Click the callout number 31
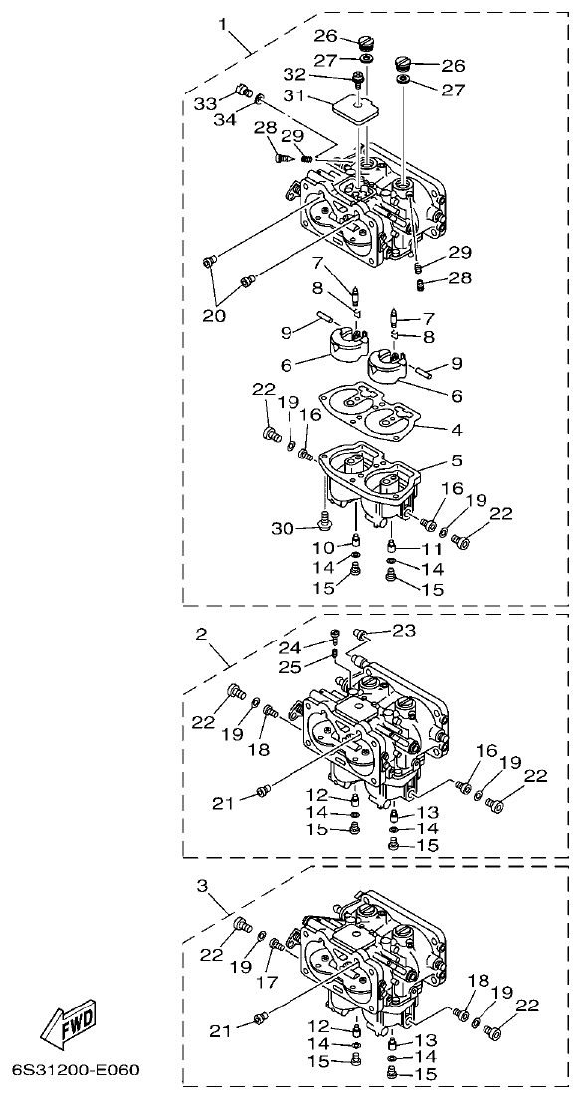pos(320,96)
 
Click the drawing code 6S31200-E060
pos(76,1071)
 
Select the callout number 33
pos(204,103)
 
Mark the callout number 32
pos(321,74)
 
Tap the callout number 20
pos(215,316)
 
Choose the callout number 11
pos(430,548)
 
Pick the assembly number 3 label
pos(202,884)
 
